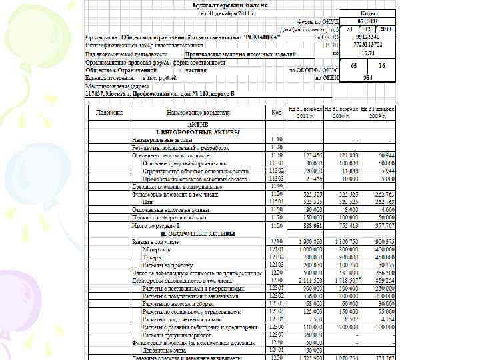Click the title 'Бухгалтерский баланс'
(231, 5)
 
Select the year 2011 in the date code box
(385, 29)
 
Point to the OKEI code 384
(367, 77)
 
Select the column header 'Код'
(276, 113)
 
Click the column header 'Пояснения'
(110, 113)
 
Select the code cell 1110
(276, 140)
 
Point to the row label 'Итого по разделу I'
(157, 226)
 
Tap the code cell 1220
(276, 273)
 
